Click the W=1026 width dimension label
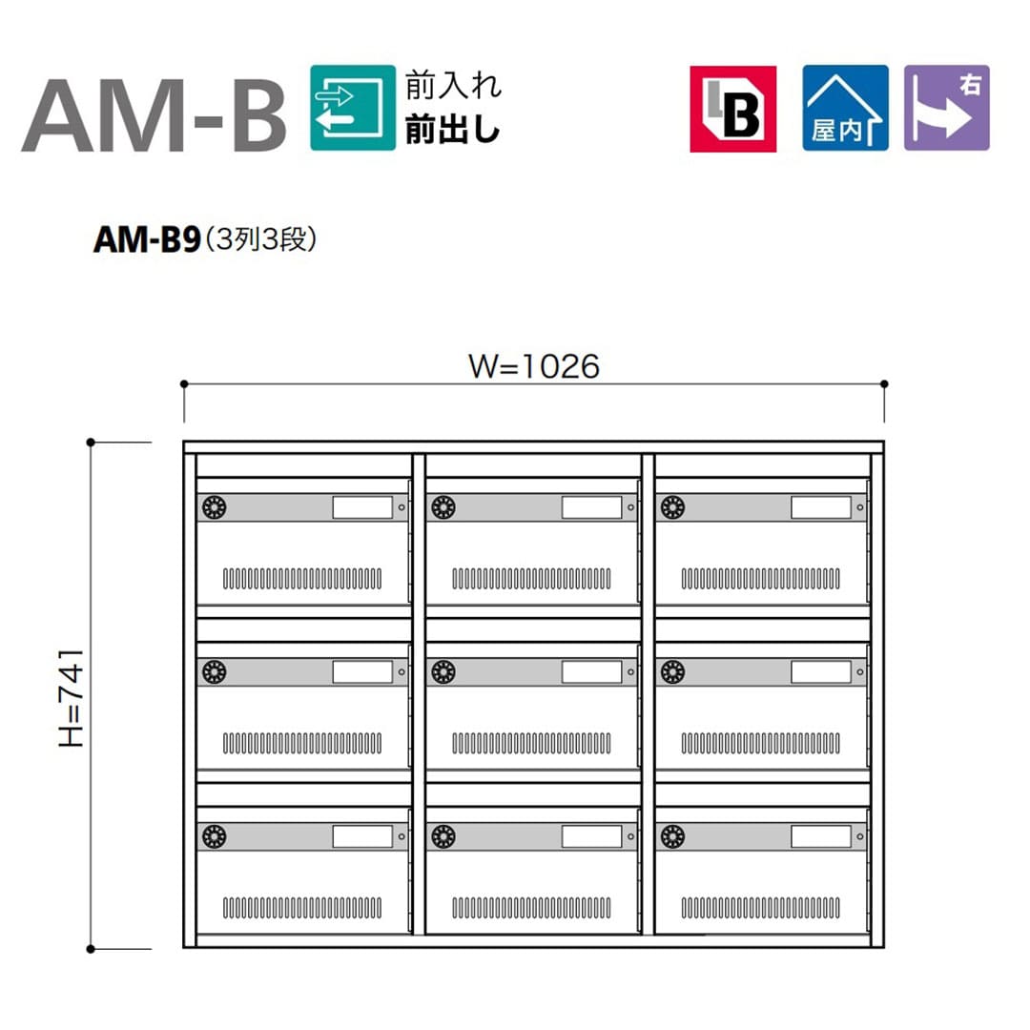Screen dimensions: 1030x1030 point(534,365)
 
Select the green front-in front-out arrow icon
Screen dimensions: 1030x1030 point(353,108)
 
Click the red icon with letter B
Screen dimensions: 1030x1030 point(732,109)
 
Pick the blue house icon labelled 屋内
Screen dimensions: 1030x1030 point(845,108)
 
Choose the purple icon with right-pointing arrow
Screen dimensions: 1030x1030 point(946,108)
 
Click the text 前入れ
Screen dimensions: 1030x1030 point(453,86)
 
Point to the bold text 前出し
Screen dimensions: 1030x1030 point(453,130)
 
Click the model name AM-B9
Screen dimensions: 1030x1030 point(145,241)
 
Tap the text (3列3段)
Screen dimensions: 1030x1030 point(257,241)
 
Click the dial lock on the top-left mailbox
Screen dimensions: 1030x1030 point(215,507)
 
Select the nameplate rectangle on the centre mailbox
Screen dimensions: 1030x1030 point(591,672)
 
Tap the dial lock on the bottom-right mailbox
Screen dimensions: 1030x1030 point(672,837)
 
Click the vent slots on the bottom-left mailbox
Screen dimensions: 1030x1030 point(302,906)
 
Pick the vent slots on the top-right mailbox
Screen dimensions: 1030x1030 point(760,578)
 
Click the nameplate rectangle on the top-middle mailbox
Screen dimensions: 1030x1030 point(591,507)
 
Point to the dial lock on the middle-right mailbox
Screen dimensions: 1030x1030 point(672,672)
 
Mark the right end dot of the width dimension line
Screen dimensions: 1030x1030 point(884,384)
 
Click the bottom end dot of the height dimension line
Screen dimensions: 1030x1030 point(91,949)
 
